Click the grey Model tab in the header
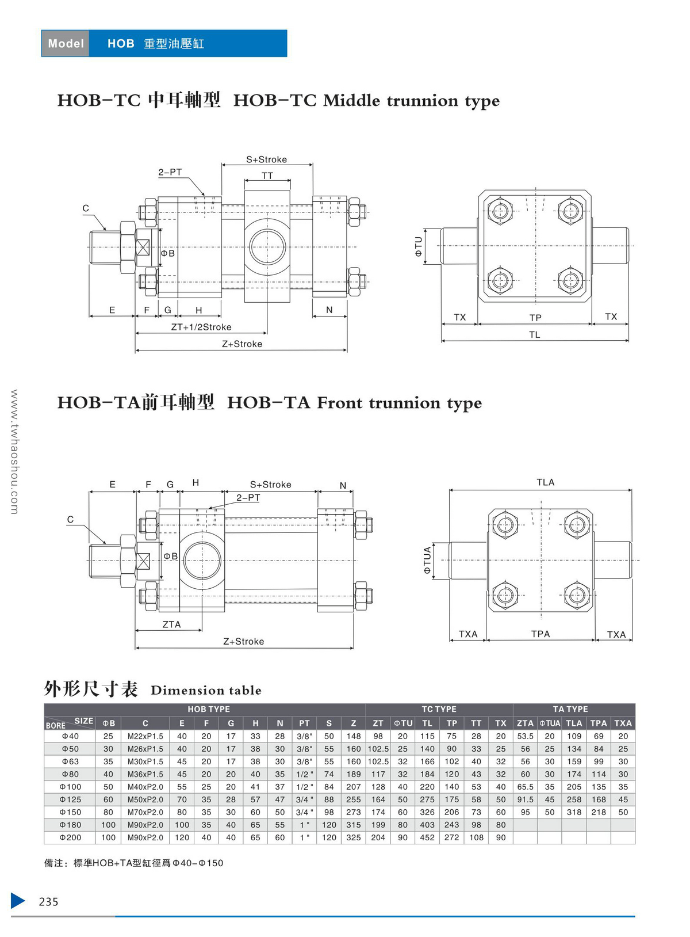coord(66,44)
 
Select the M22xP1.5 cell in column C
coord(145,736)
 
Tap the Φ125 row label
coord(70,799)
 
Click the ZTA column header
coord(525,723)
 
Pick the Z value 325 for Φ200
coord(353,837)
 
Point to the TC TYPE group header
coord(439,710)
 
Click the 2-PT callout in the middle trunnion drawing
coord(170,172)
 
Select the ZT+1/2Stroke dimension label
coord(201,327)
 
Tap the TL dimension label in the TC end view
coord(535,335)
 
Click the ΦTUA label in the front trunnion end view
coord(427,561)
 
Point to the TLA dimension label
coord(545,482)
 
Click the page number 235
coord(49,902)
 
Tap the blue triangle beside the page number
coord(18,901)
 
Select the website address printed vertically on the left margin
coord(14,452)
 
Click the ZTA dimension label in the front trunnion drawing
coord(171,624)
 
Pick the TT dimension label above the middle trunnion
coord(267,176)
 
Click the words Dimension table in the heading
coord(206,690)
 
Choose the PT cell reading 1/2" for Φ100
coord(304,787)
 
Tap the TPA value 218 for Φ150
coord(599,812)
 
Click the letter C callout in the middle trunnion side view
coord(86,208)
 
